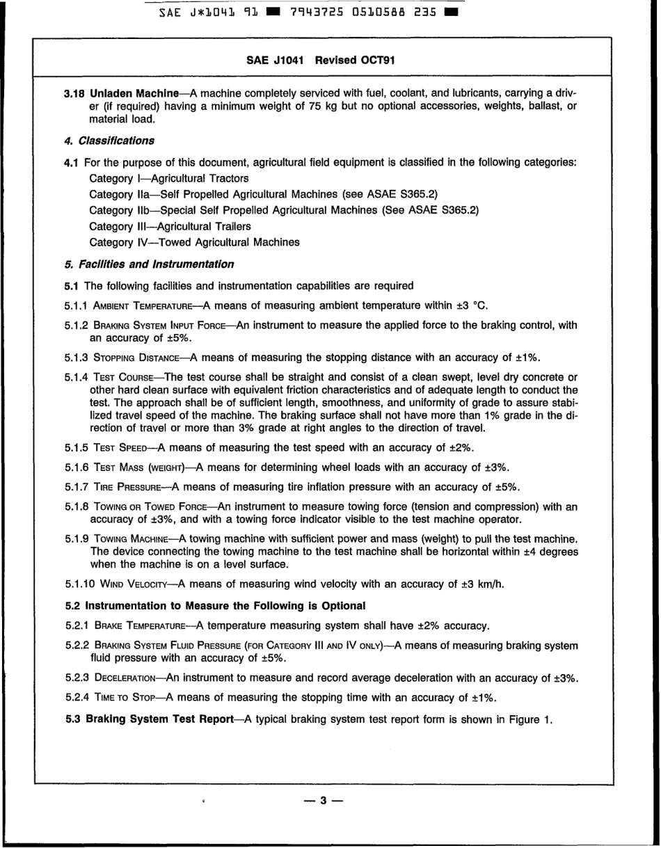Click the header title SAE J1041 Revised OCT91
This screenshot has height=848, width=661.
(321, 61)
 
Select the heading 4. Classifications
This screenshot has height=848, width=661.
(109, 141)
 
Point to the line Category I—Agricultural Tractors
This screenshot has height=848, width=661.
(169, 179)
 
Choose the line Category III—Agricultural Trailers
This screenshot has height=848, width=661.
(170, 226)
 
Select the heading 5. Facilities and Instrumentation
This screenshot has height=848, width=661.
(149, 264)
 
